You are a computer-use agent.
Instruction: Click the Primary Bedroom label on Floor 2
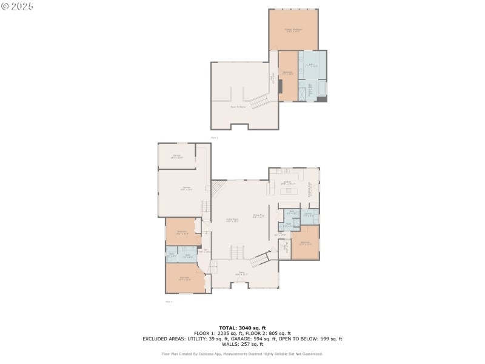293,30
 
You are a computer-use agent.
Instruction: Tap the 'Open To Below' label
238,107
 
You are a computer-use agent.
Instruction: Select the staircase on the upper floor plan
259,100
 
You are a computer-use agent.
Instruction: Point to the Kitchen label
288,183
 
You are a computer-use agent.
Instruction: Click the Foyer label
241,274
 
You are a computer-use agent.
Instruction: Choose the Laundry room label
308,214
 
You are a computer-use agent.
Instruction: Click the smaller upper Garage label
176,157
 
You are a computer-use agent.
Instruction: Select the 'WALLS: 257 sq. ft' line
242,345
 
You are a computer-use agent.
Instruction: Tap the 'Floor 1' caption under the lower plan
169,301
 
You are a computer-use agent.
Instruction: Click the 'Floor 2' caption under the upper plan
213,138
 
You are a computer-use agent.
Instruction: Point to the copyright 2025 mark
18,6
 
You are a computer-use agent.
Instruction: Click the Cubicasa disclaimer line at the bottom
242,354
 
